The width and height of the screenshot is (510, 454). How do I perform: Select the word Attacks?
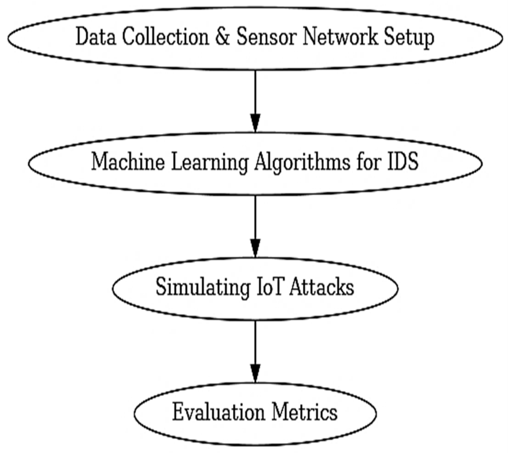coord(322,287)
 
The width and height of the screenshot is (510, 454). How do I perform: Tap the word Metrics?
coord(305,412)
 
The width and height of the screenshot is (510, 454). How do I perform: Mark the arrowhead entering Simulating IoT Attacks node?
coord(255,248)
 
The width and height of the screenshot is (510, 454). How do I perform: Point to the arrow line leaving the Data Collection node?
coord(255,92)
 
